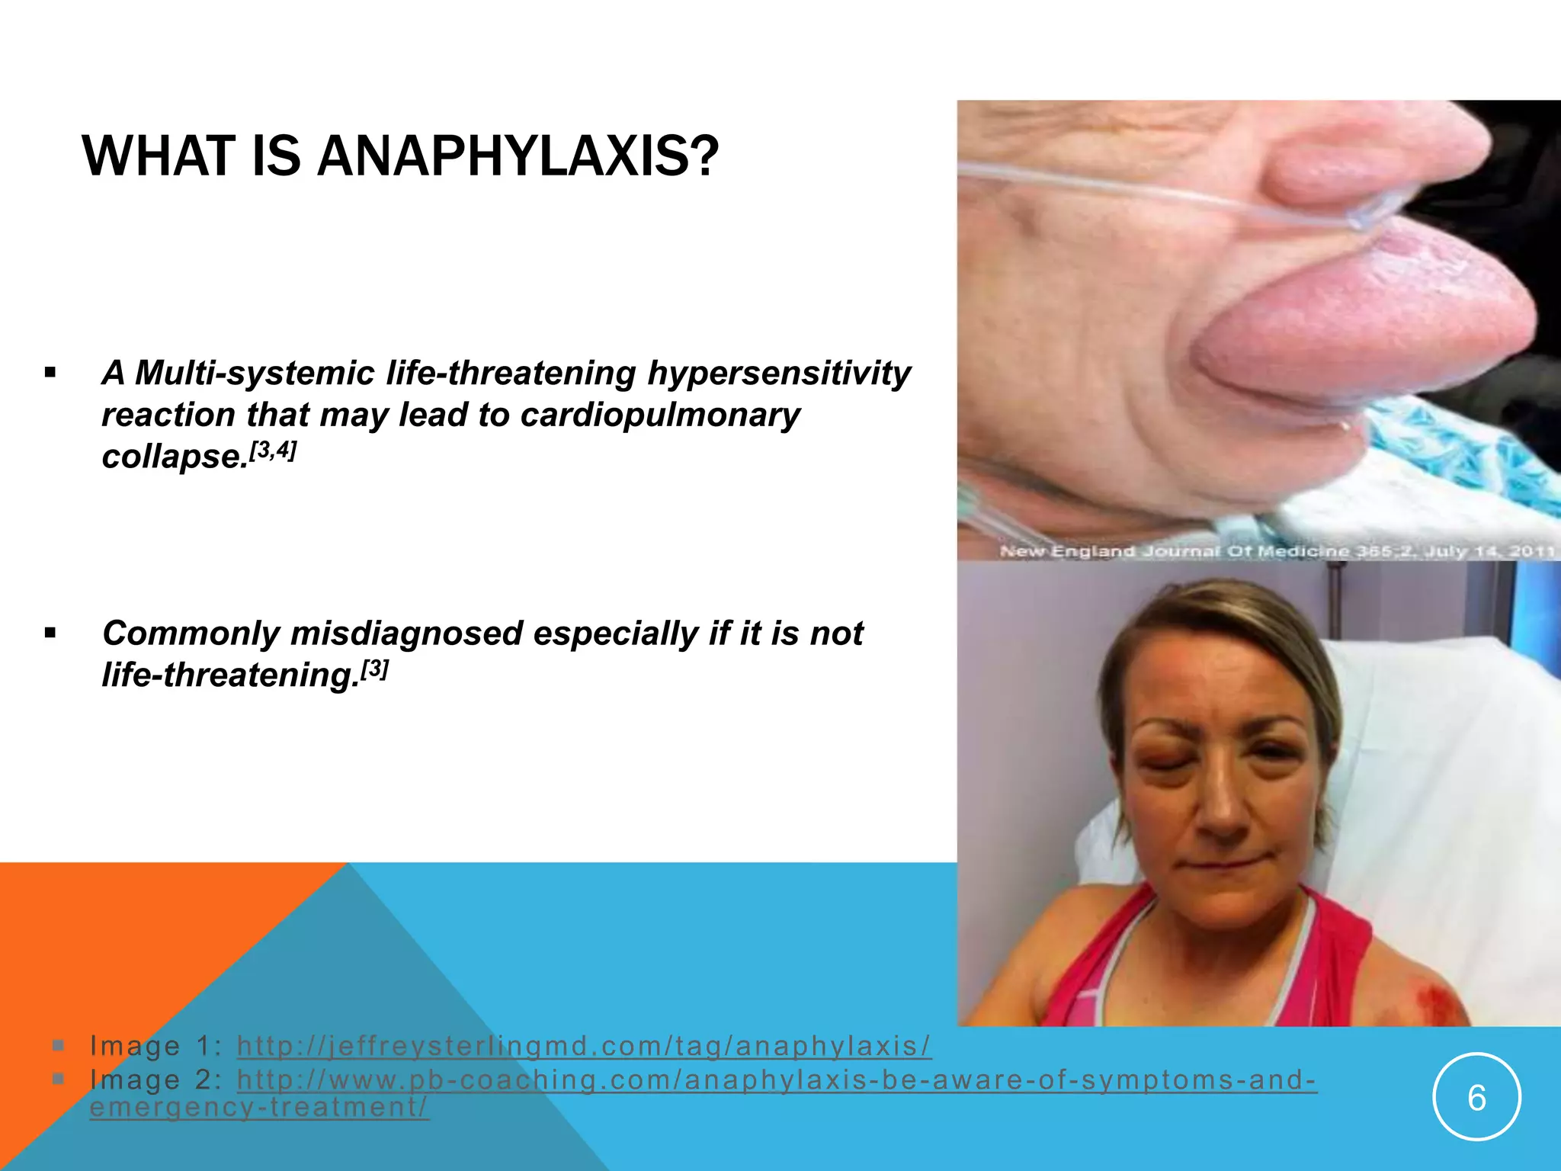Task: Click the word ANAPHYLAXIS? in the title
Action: (x=518, y=156)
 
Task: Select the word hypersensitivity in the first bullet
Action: (x=778, y=373)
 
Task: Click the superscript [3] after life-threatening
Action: (x=374, y=669)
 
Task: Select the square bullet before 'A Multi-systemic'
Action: (x=50, y=374)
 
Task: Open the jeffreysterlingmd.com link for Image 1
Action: (x=583, y=1046)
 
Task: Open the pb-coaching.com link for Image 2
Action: (x=776, y=1080)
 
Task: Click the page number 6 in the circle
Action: (x=1476, y=1099)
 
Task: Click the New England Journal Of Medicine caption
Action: (x=1276, y=550)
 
